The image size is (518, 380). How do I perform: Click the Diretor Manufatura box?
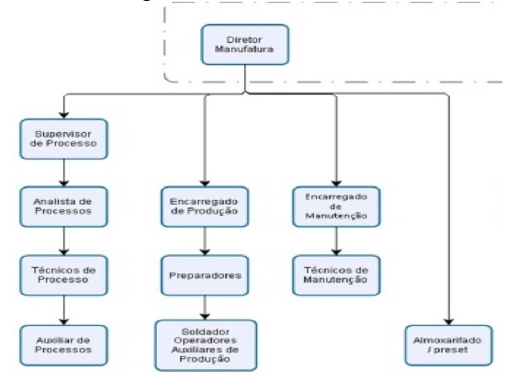[x=245, y=45]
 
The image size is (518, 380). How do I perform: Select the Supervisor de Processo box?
[x=63, y=139]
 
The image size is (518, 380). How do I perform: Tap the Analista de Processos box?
[x=63, y=207]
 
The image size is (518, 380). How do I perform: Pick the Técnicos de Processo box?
[x=63, y=275]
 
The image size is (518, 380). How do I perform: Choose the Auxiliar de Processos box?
[x=63, y=345]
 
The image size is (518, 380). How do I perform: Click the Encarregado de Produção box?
[x=205, y=207]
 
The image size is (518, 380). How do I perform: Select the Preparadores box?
[x=205, y=275]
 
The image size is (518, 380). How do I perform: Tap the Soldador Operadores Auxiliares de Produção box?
[x=206, y=345]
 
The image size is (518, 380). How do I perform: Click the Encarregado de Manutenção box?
[x=336, y=207]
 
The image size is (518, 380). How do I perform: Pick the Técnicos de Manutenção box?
[x=336, y=275]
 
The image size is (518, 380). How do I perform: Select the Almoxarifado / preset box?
[x=448, y=345]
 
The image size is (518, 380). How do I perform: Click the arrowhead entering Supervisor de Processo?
[x=63, y=116]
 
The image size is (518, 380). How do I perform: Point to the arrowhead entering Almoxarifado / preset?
[x=448, y=321]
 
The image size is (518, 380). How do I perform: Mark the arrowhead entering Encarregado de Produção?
[x=205, y=183]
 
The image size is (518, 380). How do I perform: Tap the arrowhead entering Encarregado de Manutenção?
[x=336, y=183]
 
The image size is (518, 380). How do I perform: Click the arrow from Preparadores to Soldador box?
[x=205, y=307]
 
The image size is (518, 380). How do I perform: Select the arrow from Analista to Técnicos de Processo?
[x=63, y=241]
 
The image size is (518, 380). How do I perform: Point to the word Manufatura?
[x=244, y=50]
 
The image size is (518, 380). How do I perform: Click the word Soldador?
[x=206, y=331]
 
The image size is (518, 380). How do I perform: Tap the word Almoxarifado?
[x=447, y=341]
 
